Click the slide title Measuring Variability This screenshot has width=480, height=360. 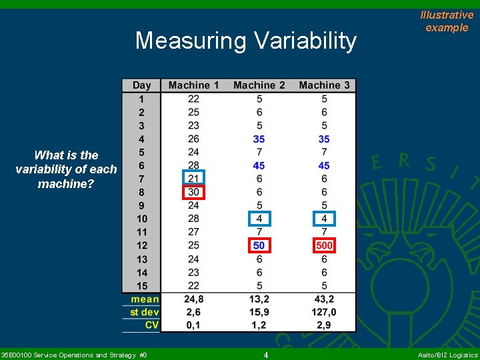245,41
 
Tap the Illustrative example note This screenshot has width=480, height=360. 447,21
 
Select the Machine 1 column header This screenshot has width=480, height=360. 193,85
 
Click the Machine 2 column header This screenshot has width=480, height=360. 259,85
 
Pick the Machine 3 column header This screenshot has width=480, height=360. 324,85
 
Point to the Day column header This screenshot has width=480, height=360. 141,85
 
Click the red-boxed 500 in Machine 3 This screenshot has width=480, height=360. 324,245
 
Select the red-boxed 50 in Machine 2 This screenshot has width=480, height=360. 259,245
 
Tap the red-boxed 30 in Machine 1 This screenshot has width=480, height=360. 193,192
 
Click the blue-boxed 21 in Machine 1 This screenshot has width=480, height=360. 193,179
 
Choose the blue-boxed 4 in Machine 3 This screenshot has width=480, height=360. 324,219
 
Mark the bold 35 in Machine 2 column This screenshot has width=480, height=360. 259,139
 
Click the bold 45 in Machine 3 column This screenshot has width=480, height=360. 324,165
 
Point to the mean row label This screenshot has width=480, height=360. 145,299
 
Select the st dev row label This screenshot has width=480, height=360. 144,312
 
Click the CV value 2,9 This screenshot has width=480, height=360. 324,325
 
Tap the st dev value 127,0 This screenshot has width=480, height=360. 324,312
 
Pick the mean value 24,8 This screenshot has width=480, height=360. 193,299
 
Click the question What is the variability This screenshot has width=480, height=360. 66,169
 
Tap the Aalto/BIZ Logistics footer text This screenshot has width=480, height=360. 447,355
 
